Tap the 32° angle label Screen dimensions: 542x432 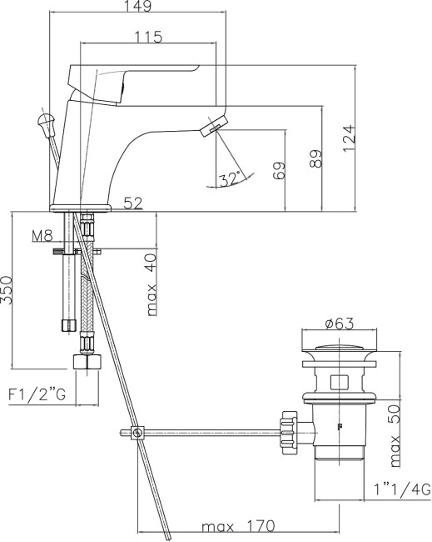tap(231, 178)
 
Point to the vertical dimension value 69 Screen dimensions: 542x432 tap(279, 172)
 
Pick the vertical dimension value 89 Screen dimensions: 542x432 tap(315, 159)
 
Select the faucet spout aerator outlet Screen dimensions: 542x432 tap(213, 127)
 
